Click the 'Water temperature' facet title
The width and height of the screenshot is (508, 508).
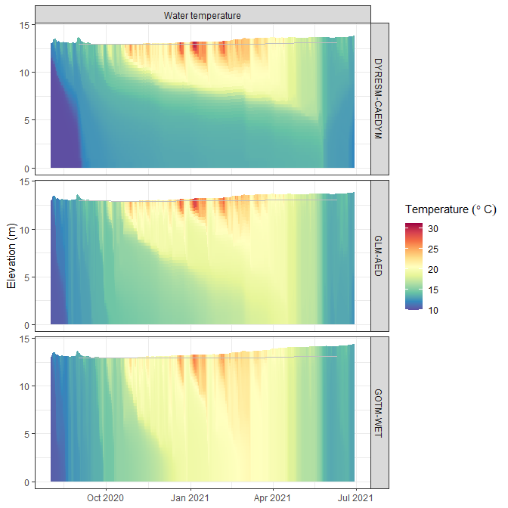pyautogui.click(x=203, y=15)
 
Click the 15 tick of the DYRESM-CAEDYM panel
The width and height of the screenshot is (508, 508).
pyautogui.click(x=24, y=25)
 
